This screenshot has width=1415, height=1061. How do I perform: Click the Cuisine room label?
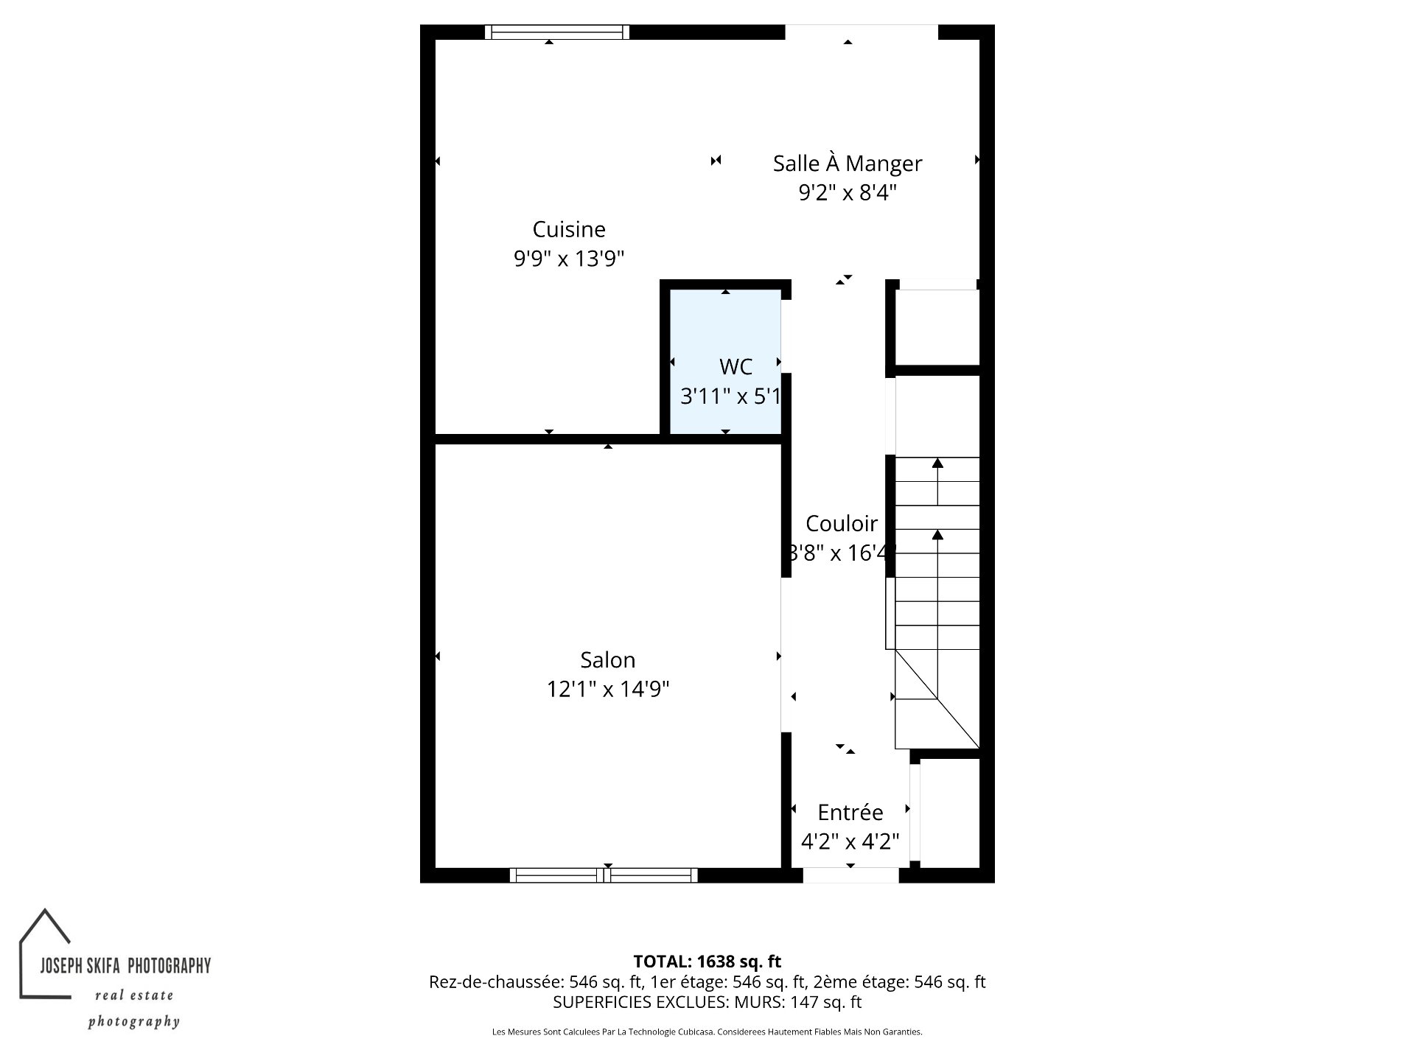[569, 229]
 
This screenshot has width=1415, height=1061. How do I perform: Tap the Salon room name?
[607, 659]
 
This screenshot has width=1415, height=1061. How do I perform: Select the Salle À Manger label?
[848, 163]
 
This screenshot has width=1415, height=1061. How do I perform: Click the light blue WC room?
[725, 362]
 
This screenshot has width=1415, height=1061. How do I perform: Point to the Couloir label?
[841, 523]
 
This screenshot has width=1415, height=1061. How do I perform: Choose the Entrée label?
[850, 812]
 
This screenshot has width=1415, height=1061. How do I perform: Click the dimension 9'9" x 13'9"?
[569, 259]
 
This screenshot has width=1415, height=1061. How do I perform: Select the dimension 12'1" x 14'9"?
[607, 689]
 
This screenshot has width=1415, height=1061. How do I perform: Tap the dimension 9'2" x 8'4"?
[848, 192]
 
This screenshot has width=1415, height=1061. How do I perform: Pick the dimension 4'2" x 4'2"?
[850, 841]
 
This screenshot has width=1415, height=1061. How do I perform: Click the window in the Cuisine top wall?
[557, 32]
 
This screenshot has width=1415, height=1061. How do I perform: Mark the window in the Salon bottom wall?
[604, 875]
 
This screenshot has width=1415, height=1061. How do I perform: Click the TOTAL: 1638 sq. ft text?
[707, 961]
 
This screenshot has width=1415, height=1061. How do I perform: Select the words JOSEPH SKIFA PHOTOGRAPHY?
[125, 965]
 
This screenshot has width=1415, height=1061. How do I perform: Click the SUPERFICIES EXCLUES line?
[707, 1002]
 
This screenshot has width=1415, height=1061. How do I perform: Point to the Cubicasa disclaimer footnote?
[707, 1032]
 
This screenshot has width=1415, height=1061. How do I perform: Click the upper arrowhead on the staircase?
[937, 463]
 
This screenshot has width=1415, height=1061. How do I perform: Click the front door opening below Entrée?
[850, 875]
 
